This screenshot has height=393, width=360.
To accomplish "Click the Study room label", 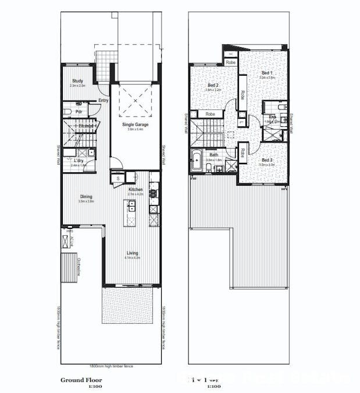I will (77, 81).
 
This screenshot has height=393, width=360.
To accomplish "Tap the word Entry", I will (103, 100).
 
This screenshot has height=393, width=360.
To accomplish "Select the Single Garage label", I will (135, 125).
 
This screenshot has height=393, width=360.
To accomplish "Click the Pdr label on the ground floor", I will (78, 112).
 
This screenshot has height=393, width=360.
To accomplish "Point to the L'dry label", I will (79, 160).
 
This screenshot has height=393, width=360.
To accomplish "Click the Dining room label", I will (86, 197).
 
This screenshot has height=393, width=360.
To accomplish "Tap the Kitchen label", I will (136, 189).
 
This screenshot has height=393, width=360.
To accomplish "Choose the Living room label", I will (133, 253).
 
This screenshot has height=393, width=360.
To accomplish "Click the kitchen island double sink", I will (132, 205).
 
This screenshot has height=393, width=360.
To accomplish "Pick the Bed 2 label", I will (213, 86).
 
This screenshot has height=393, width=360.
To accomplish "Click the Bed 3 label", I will (267, 160).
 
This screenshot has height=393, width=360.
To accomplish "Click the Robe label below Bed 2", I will (210, 114).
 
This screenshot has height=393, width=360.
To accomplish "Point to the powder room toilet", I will (67, 112).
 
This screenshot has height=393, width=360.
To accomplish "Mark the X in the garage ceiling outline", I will (135, 100).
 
